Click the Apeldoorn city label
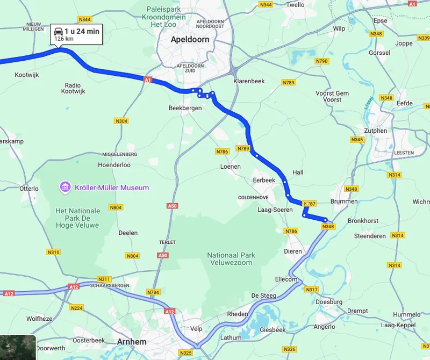190,40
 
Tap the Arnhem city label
132,341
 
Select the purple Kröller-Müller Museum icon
65,188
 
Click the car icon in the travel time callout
58,32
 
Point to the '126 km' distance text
64,39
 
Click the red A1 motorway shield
148,80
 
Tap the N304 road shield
121,121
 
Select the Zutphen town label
375,131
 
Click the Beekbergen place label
185,108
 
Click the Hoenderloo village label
114,165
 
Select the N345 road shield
357,140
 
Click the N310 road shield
54,252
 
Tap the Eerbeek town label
264,180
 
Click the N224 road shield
77,308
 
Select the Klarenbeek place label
249,81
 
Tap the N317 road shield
312,290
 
